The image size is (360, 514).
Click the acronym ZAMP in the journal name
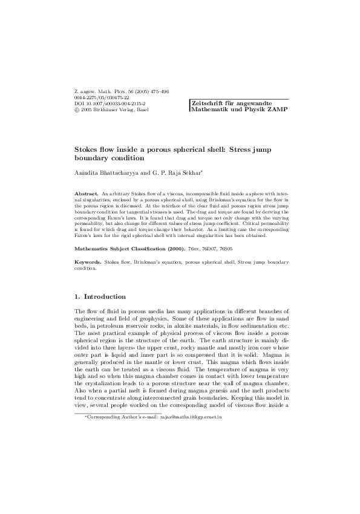(x=277, y=110)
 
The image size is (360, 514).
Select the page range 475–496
(x=157, y=91)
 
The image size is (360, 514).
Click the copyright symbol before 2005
(x=76, y=111)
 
